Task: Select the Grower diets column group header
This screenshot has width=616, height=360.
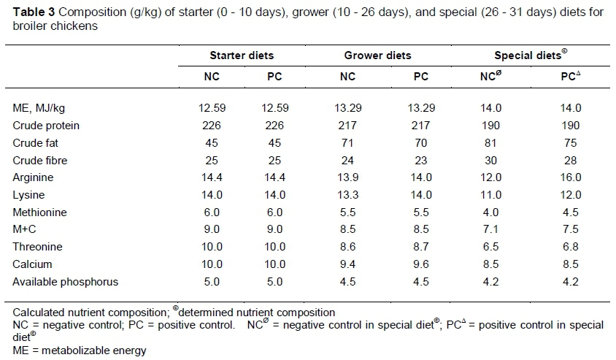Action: pyautogui.click(x=377, y=55)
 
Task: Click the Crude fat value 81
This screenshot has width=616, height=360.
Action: pyautogui.click(x=490, y=143)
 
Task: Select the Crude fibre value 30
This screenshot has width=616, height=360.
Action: pyautogui.click(x=490, y=161)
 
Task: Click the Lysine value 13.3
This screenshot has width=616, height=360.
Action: pyautogui.click(x=348, y=195)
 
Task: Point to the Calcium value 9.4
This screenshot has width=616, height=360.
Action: pyautogui.click(x=348, y=264)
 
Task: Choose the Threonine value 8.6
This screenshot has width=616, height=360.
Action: pyautogui.click(x=348, y=247)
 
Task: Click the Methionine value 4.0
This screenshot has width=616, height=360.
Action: pyautogui.click(x=490, y=212)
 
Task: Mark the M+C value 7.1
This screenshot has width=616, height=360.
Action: pyautogui.click(x=490, y=229)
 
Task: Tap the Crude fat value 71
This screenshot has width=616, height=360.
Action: pyautogui.click(x=348, y=143)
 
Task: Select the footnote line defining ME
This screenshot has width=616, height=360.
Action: pyautogui.click(x=75, y=351)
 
